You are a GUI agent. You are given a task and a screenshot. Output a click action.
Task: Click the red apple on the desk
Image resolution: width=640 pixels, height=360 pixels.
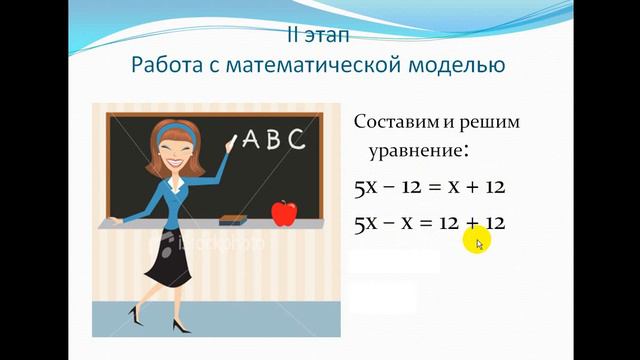(285, 213)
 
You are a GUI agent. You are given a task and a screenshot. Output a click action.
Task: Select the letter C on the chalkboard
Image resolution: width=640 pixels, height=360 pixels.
(296, 139)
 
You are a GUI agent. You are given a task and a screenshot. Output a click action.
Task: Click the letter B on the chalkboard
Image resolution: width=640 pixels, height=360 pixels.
(273, 140)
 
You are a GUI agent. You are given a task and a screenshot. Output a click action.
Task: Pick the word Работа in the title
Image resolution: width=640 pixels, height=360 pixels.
(168, 65)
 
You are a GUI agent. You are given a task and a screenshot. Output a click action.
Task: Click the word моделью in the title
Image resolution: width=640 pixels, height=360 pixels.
(456, 66)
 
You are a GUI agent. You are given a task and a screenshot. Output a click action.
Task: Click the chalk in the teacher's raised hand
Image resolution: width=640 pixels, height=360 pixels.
(232, 141)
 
